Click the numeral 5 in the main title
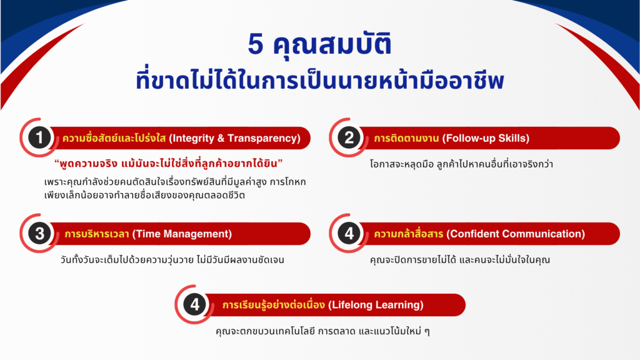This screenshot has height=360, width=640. (x=256, y=44)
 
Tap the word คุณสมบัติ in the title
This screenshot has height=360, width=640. (x=332, y=44)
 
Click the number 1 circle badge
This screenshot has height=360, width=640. (x=39, y=137)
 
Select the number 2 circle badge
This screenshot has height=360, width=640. (x=349, y=137)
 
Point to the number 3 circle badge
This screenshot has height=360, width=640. (x=39, y=234)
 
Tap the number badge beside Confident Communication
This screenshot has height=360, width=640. (x=349, y=234)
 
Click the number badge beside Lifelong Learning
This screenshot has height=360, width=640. (x=195, y=304)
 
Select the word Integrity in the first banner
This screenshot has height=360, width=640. (x=193, y=138)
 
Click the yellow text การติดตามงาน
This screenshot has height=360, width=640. (x=406, y=138)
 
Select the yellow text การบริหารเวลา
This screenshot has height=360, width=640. (x=97, y=234)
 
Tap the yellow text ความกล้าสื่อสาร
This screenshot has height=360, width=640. (x=409, y=234)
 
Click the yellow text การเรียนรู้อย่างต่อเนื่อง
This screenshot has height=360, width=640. (x=274, y=304)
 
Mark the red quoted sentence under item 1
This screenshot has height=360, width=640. (x=169, y=164)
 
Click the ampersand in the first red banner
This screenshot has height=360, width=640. (x=221, y=138)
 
